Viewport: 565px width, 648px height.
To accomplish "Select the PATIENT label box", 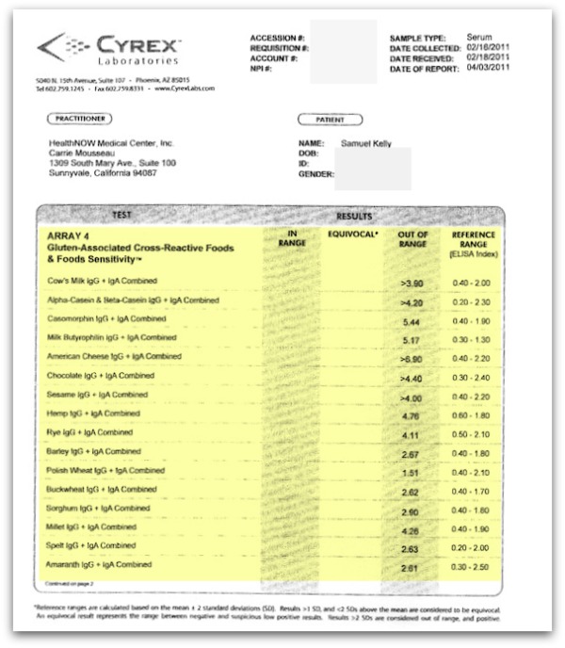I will point(329,119).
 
